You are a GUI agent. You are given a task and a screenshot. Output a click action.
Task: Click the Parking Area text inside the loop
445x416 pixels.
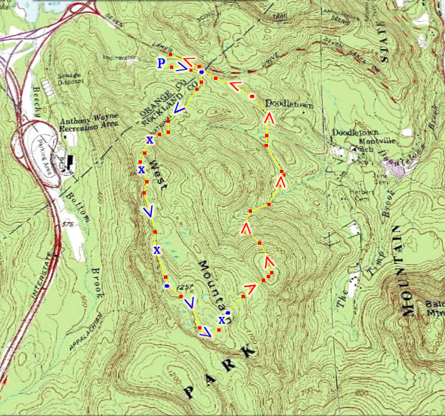[x=43, y=159]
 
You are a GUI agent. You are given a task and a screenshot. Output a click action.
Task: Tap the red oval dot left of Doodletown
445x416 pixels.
[x=252, y=96]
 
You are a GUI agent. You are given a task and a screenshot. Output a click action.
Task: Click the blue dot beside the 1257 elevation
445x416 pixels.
[x=166, y=286]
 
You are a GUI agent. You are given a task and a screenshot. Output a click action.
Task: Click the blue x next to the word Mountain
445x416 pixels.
[x=222, y=320]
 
